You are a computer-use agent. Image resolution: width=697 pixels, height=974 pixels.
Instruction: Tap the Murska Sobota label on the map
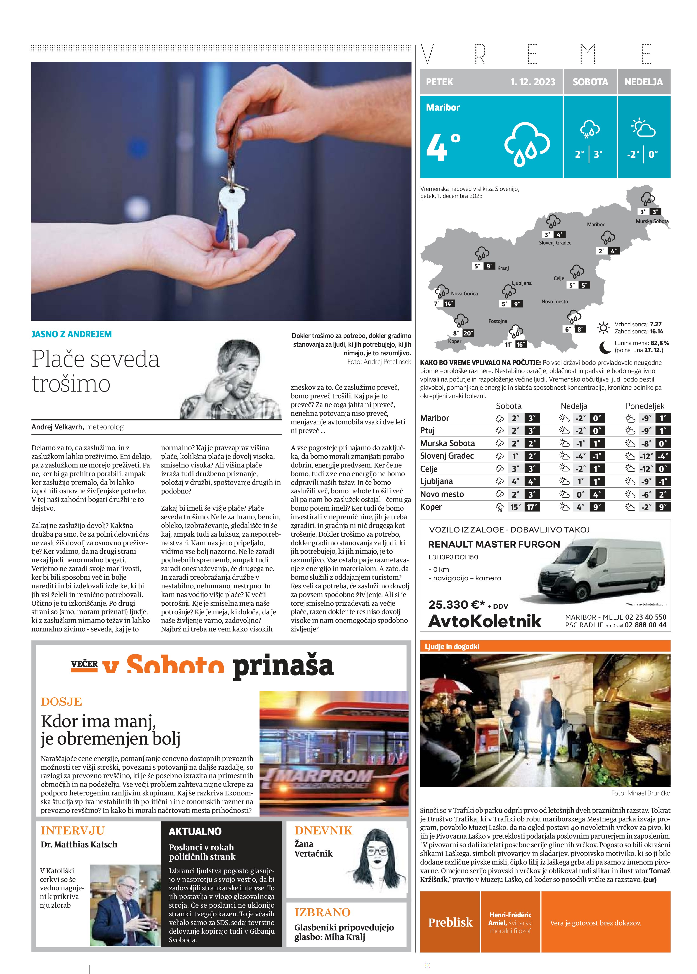click(x=652, y=221)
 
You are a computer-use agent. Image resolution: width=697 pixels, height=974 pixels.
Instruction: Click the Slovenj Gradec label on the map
click(x=555, y=243)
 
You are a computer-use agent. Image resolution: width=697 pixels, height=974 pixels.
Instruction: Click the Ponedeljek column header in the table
click(x=645, y=406)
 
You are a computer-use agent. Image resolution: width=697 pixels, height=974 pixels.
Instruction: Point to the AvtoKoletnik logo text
click(x=485, y=621)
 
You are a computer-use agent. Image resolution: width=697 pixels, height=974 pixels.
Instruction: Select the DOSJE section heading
click(x=61, y=702)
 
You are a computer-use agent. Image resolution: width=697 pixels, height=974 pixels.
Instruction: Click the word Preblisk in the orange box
click(x=450, y=922)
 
